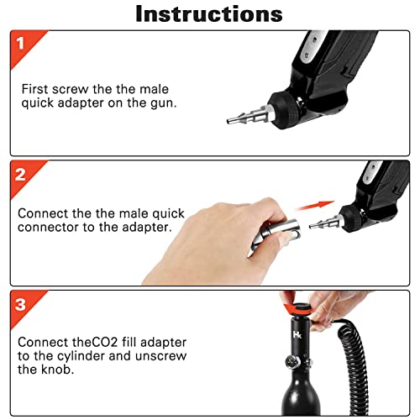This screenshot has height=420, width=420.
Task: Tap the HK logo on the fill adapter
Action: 297,333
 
